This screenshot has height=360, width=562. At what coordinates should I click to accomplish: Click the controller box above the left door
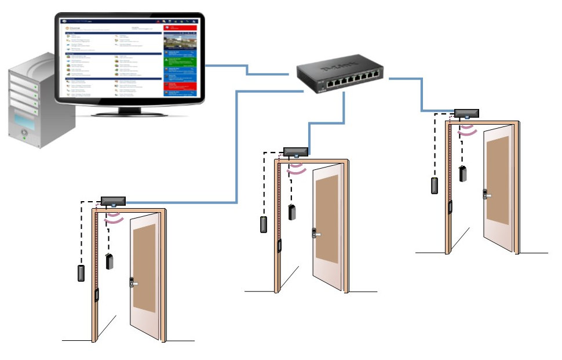pyautogui.click(x=113, y=201)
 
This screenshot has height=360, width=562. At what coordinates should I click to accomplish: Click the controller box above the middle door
pyautogui.click(x=295, y=152)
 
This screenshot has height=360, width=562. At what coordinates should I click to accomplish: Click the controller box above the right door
pyautogui.click(x=466, y=113)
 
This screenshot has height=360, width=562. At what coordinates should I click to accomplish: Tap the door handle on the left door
pyautogui.click(x=134, y=283)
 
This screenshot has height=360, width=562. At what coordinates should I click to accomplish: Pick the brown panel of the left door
pyautogui.click(x=144, y=267)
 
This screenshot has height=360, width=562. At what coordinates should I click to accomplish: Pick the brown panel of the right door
pyautogui.click(x=498, y=180)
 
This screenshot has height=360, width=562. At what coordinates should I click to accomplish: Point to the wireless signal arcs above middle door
pyautogui.click(x=297, y=168)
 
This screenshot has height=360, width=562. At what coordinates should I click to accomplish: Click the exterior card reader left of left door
pyautogui.click(x=81, y=272)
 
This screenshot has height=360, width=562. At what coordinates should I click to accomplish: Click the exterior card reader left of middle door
pyautogui.click(x=264, y=224)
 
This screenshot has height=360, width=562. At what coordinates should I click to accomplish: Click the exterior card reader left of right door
pyautogui.click(x=435, y=186)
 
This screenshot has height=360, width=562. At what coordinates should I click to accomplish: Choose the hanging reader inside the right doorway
pyautogui.click(x=464, y=174)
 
